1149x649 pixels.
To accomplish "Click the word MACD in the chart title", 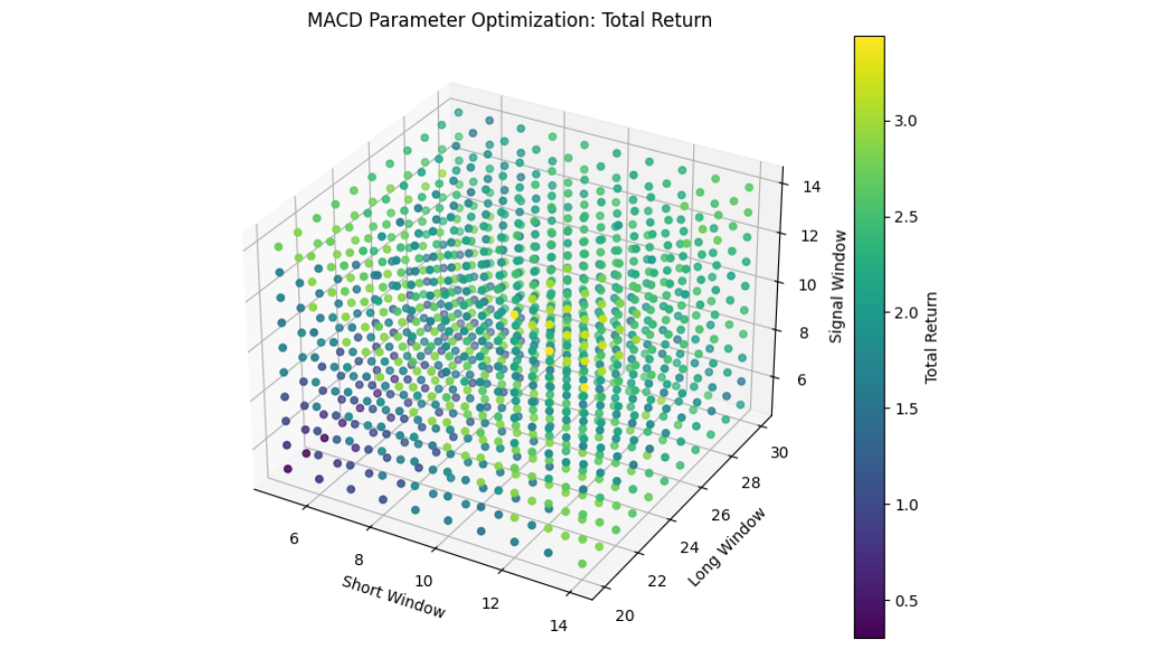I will tap(330, 20).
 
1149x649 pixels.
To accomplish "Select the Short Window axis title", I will tap(393, 596).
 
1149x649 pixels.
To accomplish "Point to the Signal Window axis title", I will tap(838, 286).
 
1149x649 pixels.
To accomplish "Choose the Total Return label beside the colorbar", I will tap(932, 337).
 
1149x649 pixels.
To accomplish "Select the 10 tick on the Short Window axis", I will tap(424, 580).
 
